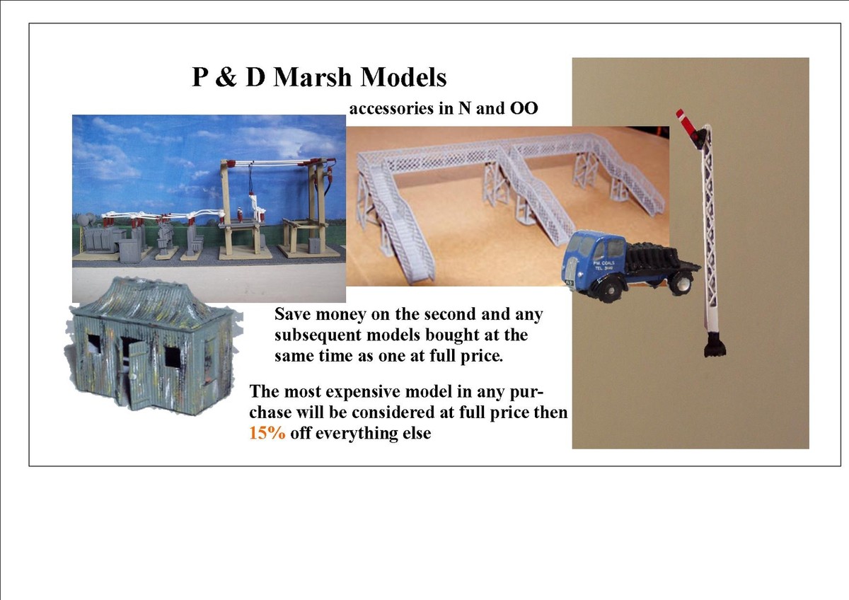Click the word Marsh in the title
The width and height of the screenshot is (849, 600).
pyautogui.click(x=314, y=76)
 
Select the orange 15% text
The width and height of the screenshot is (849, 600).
pyautogui.click(x=267, y=433)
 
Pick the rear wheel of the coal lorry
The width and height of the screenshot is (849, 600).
pyautogui.click(x=682, y=283)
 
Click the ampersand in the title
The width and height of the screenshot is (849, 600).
pyautogui.click(x=226, y=76)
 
